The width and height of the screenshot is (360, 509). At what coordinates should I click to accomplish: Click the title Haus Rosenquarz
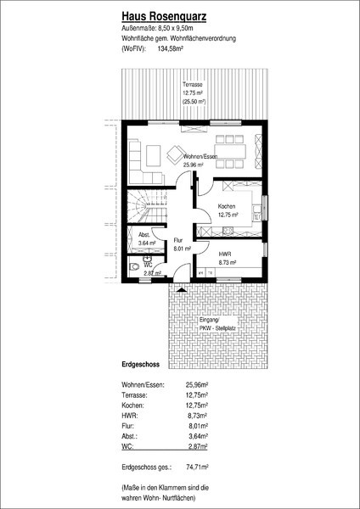(164, 17)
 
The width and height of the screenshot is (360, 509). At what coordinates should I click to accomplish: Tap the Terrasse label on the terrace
(193, 84)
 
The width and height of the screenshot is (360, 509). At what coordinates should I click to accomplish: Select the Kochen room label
(227, 206)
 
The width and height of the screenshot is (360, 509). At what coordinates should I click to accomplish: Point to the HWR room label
(224, 254)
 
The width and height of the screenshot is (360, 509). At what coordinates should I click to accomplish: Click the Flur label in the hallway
(178, 241)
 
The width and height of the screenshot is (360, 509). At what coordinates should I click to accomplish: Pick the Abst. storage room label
(144, 235)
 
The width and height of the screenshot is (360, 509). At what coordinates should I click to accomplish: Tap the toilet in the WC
(133, 267)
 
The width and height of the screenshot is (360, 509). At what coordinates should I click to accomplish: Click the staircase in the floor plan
(146, 206)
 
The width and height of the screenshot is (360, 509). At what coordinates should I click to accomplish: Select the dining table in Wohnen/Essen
(230, 152)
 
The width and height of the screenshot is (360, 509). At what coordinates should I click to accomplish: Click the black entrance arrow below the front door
(182, 289)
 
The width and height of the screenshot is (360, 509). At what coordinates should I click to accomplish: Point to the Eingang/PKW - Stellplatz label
(217, 324)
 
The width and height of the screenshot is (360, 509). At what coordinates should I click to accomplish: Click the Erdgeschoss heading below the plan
(141, 365)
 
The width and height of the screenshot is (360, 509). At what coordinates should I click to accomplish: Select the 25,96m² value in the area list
(197, 385)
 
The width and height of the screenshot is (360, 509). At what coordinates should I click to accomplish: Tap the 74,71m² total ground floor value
(197, 467)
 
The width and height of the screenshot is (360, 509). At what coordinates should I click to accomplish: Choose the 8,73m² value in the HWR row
(198, 416)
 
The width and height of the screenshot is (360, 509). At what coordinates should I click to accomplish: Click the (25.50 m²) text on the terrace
(194, 102)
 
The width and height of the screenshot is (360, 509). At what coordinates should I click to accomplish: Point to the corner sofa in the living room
(143, 162)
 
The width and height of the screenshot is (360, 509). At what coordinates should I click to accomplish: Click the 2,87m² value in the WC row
(198, 447)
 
